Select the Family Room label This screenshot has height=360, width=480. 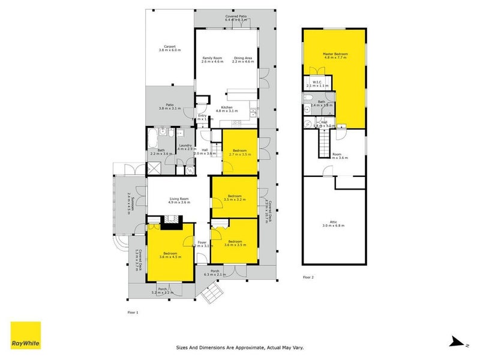click(212, 58)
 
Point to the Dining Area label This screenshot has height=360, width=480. click(243, 58)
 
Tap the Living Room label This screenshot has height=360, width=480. click(179, 199)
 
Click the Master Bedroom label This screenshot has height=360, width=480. click(335, 54)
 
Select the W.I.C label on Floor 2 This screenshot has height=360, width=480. click(317, 82)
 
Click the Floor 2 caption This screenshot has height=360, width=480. click(308, 277)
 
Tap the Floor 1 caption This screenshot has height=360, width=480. click(133, 313)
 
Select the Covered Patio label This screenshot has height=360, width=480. click(236, 16)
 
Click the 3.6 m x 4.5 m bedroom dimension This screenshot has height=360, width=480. click(170, 257)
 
